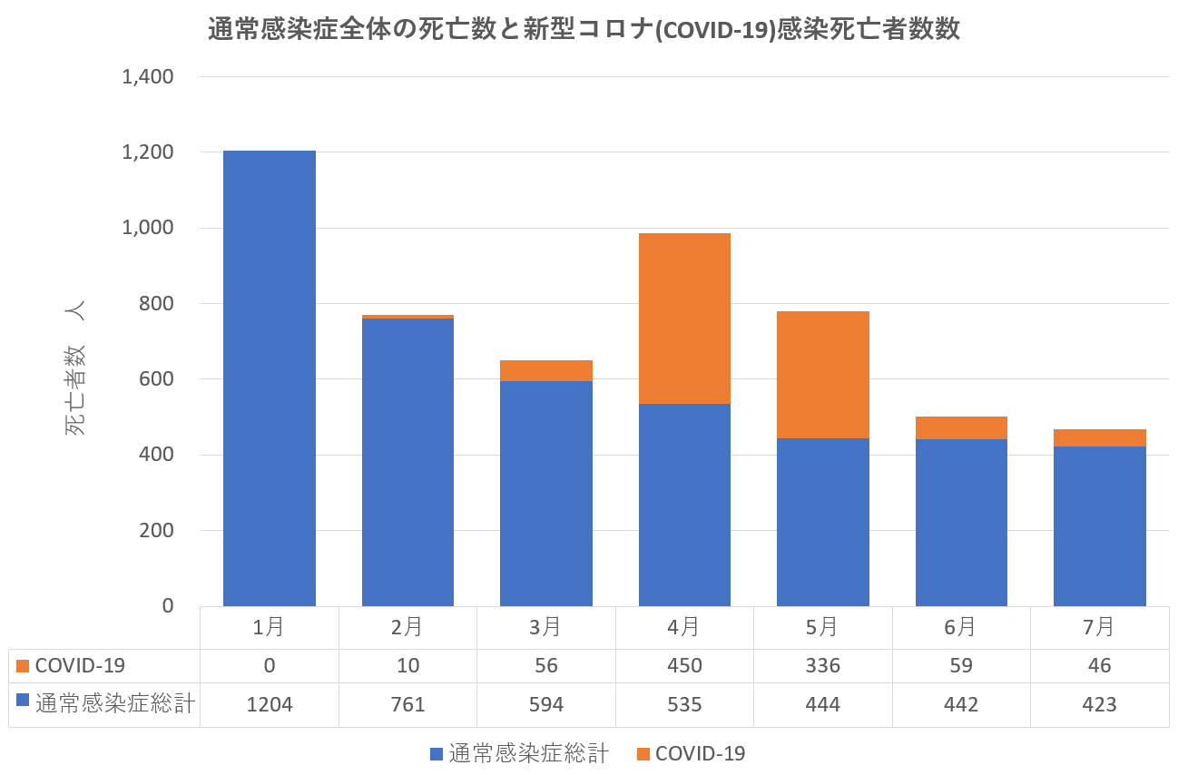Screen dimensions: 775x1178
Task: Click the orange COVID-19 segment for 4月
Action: (684, 319)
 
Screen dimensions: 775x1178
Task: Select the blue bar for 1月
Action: (270, 378)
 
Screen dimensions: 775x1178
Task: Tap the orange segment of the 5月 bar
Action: (823, 375)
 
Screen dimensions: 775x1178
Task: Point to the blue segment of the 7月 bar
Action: (1099, 526)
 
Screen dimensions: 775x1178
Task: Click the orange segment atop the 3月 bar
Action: (546, 370)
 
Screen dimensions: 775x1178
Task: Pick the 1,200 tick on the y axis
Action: (148, 152)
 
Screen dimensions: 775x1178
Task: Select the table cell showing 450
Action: (684, 666)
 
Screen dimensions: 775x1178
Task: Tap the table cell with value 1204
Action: (270, 705)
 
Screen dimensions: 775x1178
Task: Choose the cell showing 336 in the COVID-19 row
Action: (823, 666)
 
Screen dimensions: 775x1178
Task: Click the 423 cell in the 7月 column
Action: (1099, 705)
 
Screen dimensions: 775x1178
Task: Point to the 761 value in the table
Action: (408, 705)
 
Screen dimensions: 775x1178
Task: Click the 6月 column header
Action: (961, 627)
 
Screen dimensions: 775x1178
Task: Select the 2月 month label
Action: (408, 627)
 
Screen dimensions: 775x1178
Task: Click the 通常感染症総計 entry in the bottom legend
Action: (530, 754)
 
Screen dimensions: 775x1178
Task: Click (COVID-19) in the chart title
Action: (703, 30)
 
